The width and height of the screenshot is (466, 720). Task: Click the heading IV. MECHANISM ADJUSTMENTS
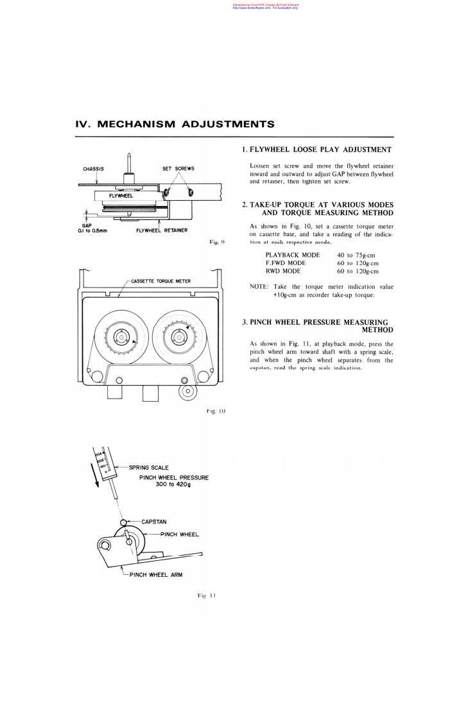coord(175,124)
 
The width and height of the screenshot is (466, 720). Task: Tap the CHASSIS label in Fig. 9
coord(94,169)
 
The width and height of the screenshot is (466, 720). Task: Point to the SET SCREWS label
coord(178,169)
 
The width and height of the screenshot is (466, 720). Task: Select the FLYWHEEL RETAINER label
coord(162,230)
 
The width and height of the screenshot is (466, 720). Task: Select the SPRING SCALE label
coord(148,467)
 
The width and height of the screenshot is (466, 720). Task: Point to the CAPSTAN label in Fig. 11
coord(153,522)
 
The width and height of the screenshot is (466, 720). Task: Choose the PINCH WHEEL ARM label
coord(156,574)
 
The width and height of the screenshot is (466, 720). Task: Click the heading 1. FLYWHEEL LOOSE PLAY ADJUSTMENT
coord(316,150)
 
